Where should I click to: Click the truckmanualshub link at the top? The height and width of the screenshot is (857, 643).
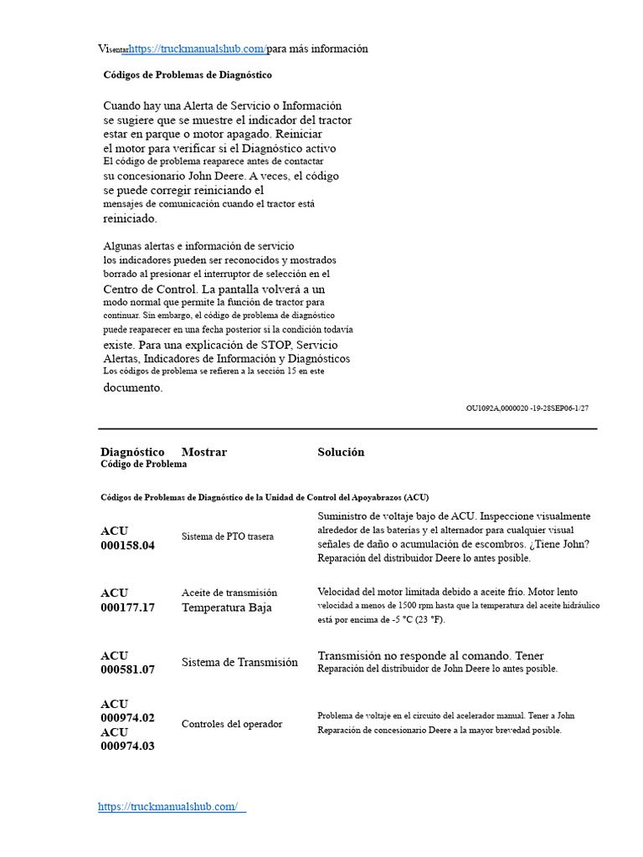pyautogui.click(x=197, y=49)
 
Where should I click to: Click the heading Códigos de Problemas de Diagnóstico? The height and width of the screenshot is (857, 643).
pyautogui.click(x=188, y=74)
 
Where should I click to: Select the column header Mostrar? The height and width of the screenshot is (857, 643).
pyautogui.click(x=204, y=452)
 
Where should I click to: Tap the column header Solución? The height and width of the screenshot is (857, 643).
pyautogui.click(x=341, y=452)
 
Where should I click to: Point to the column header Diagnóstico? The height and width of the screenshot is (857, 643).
pyautogui.click(x=132, y=452)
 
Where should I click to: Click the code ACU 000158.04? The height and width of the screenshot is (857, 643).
pyautogui.click(x=127, y=538)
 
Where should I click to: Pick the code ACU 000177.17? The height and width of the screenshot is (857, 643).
pyautogui.click(x=127, y=601)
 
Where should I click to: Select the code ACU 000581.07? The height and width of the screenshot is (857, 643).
pyautogui.click(x=127, y=663)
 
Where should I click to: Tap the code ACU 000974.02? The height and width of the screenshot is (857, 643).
pyautogui.click(x=127, y=711)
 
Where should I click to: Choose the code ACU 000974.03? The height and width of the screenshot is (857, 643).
pyautogui.click(x=127, y=739)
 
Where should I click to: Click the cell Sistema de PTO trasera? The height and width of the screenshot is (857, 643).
pyautogui.click(x=227, y=536)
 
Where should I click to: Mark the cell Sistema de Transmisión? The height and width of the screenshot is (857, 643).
pyautogui.click(x=239, y=662)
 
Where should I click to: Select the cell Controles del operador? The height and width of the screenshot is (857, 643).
pyautogui.click(x=232, y=724)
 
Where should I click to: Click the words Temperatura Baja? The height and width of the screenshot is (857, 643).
pyautogui.click(x=226, y=608)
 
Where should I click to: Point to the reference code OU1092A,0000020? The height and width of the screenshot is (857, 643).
pyautogui.click(x=497, y=408)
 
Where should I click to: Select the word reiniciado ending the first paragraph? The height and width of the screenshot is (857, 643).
pyautogui.click(x=130, y=218)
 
